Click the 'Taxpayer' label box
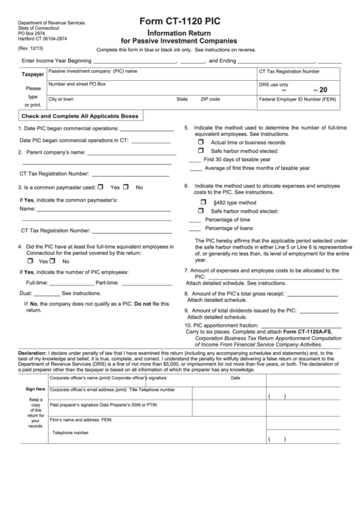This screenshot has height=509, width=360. (x=33, y=74)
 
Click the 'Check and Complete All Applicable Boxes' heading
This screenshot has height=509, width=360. (x=80, y=116)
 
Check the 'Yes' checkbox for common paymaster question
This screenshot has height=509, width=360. (x=101, y=187)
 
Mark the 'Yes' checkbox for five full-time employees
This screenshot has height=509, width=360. (x=30, y=261)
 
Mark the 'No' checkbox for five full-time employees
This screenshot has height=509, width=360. (x=56, y=261)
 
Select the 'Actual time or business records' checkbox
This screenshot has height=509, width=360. (x=201, y=143)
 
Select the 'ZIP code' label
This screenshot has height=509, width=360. (x=210, y=99)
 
